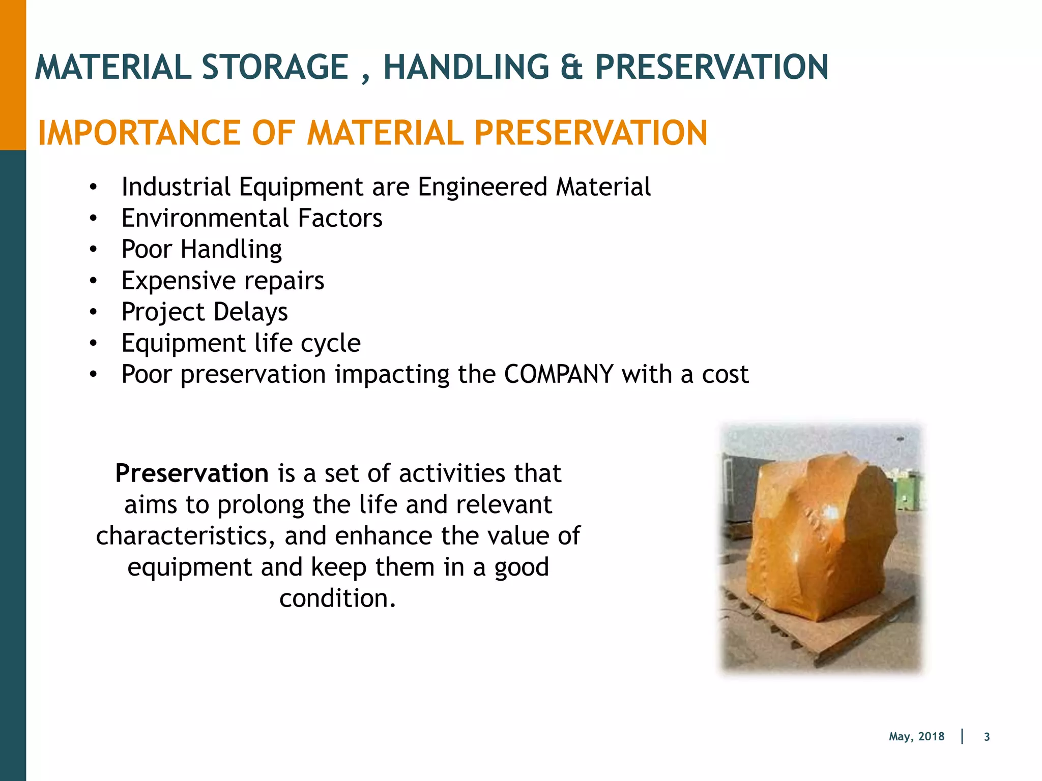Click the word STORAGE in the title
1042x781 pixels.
pos(275,68)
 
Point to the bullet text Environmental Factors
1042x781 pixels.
pos(252,218)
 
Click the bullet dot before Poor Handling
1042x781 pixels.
pos(93,250)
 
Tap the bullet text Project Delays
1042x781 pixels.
pos(205,312)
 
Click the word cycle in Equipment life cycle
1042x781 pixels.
pos(331,343)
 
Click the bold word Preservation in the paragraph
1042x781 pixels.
pos(192,473)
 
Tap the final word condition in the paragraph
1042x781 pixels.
pos(337,598)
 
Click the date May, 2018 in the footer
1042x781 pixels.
pos(916,737)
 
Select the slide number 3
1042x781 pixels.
pos(987,737)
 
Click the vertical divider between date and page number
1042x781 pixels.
pos(962,736)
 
